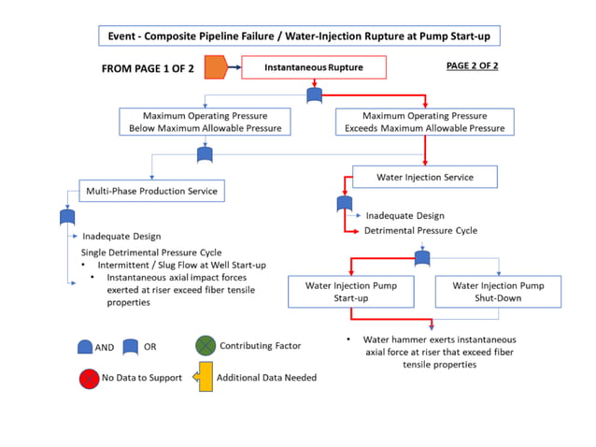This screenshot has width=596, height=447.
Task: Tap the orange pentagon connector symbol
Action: pyautogui.click(x=216, y=68)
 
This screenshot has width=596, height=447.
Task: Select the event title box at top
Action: pyautogui.click(x=297, y=36)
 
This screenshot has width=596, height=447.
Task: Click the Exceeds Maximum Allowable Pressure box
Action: pyautogui.click(x=425, y=122)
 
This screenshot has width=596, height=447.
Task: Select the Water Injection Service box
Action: pyautogui.click(x=424, y=177)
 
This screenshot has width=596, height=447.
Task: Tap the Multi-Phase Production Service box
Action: pyautogui.click(x=151, y=191)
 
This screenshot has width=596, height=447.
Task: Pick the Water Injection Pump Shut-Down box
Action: pyautogui.click(x=498, y=291)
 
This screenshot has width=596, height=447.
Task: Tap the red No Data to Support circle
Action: pyautogui.click(x=88, y=378)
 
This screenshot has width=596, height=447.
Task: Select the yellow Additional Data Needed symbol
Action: pyautogui.click(x=203, y=378)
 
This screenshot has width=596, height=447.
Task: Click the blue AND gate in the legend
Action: pyautogui.click(x=84, y=347)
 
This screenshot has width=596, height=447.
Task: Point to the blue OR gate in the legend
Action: pyautogui.click(x=131, y=347)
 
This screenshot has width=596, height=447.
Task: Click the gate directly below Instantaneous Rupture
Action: pyautogui.click(x=316, y=95)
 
